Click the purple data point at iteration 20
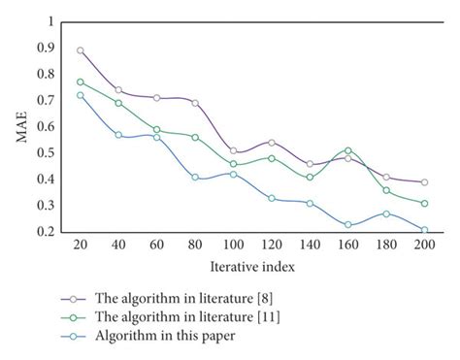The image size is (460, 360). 81,50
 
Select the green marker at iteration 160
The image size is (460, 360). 348,150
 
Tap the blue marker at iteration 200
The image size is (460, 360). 425,230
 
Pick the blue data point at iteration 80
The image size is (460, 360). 195,178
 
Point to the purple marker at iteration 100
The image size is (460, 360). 234,150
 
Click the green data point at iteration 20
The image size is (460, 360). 81,82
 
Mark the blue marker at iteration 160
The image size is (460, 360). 348,224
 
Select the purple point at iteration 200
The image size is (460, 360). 425,182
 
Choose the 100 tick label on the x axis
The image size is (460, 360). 233,246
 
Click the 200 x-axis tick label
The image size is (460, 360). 425,246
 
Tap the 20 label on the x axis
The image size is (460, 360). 81,246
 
